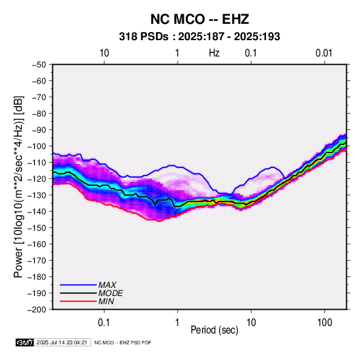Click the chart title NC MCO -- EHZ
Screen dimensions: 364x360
click(x=199, y=19)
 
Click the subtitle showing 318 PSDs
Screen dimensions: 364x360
click(x=199, y=37)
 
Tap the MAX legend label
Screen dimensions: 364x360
click(x=107, y=285)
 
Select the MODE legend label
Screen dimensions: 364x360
click(x=110, y=293)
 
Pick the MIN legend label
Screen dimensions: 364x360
click(x=106, y=301)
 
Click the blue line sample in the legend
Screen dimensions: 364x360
click(x=78, y=285)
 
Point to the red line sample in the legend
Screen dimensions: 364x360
click(x=78, y=301)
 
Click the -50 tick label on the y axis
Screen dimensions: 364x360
click(x=39, y=65)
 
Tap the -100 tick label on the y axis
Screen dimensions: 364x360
click(x=37, y=146)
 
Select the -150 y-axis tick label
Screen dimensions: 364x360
click(x=37, y=228)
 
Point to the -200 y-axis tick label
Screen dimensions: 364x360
click(x=37, y=310)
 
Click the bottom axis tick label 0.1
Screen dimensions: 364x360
click(x=104, y=322)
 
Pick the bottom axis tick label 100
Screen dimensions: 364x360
click(x=325, y=322)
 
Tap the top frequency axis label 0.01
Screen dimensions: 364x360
click(x=324, y=53)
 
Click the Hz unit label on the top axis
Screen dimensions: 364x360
click(x=214, y=53)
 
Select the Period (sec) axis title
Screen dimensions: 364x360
click(x=214, y=330)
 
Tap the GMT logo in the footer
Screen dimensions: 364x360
click(x=25, y=342)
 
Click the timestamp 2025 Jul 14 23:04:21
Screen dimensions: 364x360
click(x=62, y=342)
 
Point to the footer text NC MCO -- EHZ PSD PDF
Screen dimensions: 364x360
click(x=122, y=342)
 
